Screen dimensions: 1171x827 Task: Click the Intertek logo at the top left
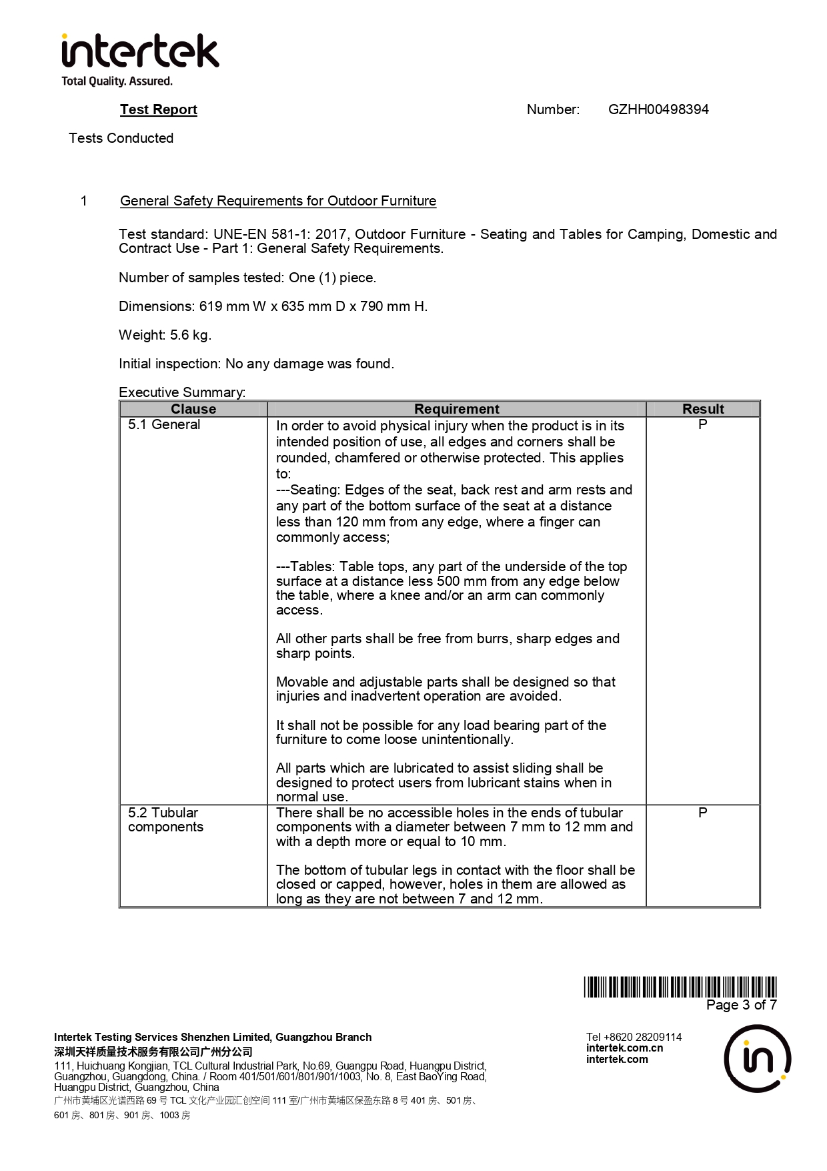pyautogui.click(x=140, y=52)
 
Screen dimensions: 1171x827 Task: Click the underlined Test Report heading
pyautogui.click(x=159, y=109)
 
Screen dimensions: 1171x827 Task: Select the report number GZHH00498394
pyautogui.click(x=658, y=109)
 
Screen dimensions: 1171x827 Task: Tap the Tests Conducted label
pyautogui.click(x=121, y=138)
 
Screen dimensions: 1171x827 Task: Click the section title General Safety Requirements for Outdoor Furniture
pyautogui.click(x=278, y=201)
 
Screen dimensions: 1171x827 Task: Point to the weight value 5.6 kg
pyautogui.click(x=190, y=335)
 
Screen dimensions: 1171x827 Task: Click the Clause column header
pyautogui.click(x=193, y=409)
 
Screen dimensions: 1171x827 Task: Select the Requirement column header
pyautogui.click(x=456, y=409)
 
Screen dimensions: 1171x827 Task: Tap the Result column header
pyautogui.click(x=703, y=409)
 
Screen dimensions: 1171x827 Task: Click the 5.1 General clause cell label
pyautogui.click(x=164, y=424)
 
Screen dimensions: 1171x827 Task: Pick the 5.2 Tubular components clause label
pyautogui.click(x=165, y=820)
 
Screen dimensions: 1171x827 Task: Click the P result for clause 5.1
pyautogui.click(x=703, y=424)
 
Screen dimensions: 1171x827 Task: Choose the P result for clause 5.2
pyautogui.click(x=703, y=813)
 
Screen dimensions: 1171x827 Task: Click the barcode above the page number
pyautogui.click(x=680, y=987)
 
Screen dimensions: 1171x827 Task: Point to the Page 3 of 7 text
pyautogui.click(x=742, y=1005)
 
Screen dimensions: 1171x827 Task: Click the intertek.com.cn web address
pyautogui.click(x=624, y=1048)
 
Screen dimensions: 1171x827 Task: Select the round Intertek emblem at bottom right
pyautogui.click(x=758, y=1059)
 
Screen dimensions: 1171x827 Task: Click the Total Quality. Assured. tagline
pyautogui.click(x=117, y=81)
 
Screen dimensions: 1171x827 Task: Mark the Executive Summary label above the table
pyautogui.click(x=182, y=392)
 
